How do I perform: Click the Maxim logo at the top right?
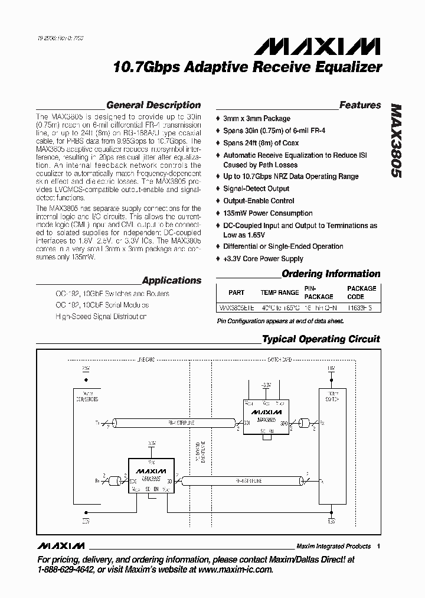[338, 46]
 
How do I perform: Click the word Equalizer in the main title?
[347, 67]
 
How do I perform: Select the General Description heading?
[153, 105]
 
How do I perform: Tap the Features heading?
[360, 105]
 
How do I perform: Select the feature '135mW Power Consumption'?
[267, 213]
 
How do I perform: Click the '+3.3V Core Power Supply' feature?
[263, 259]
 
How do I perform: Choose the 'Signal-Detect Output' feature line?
[256, 188]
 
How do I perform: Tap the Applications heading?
[172, 281]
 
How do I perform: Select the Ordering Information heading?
[331, 274]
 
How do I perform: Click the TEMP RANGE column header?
[280, 292]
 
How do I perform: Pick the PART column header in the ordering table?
[236, 292]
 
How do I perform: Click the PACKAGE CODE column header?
[361, 292]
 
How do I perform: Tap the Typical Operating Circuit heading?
[321, 339]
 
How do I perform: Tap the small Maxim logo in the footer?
[60, 545]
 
